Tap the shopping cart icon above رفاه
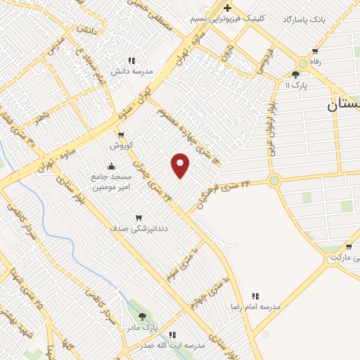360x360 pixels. point(315,51)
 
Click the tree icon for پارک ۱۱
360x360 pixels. point(295,75)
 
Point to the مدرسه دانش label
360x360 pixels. point(129,71)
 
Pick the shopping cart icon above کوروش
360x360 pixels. point(122,134)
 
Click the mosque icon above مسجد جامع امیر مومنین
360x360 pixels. point(111,166)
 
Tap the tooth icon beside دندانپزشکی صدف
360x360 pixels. point(139,217)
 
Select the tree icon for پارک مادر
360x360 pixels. point(143,316)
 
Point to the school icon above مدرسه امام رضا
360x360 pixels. point(255,297)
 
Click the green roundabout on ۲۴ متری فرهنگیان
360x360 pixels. point(274,181)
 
